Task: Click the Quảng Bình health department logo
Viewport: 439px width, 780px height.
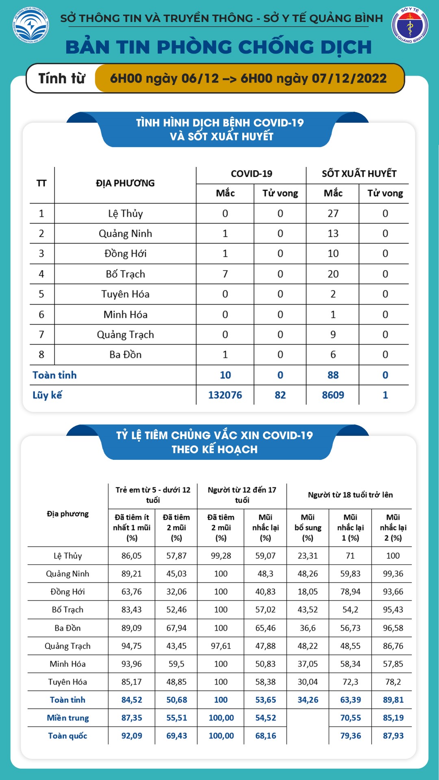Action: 409,25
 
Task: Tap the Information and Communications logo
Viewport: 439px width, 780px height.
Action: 30,25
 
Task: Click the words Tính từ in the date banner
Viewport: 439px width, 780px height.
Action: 62,78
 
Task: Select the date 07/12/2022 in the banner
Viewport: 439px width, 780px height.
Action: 349,78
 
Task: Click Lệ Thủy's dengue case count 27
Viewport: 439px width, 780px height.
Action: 333,214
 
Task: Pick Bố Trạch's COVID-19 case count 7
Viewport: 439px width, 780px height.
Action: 225,274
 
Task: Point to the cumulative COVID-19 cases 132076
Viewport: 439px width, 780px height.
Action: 225,395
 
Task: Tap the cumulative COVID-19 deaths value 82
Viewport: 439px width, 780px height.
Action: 280,395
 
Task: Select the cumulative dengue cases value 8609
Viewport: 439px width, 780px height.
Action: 333,395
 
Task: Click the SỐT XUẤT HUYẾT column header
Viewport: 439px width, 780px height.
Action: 359,174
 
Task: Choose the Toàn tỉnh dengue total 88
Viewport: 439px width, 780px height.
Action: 333,375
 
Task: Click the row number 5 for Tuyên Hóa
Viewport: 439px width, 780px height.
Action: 41,294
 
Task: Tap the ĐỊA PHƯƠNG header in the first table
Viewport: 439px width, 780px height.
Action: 125,183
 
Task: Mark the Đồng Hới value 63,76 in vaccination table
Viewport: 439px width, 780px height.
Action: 132,592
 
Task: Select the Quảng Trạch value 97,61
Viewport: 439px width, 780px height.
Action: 221,646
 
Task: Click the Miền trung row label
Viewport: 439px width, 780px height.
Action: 68,718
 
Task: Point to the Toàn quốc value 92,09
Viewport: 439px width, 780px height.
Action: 132,736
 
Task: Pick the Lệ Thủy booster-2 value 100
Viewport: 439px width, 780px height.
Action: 393,556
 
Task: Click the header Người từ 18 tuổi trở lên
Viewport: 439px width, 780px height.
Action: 350,495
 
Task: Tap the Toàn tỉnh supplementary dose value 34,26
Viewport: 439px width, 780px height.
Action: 308,700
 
